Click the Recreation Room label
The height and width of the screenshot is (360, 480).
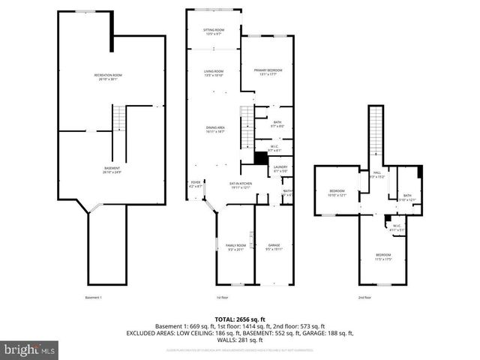coord(108,77)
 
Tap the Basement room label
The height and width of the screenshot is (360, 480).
coord(112,169)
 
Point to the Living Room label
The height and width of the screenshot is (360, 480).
coord(214,73)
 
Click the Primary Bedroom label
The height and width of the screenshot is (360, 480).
coord(266,72)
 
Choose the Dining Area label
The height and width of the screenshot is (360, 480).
coord(215,130)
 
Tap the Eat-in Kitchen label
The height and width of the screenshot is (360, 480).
coord(240,185)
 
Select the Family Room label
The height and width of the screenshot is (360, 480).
coord(236,247)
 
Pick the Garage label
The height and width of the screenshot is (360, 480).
coord(273,247)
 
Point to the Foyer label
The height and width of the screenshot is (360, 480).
coord(196,184)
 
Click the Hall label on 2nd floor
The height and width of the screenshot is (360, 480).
coord(377,175)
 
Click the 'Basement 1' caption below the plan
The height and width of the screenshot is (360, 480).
coord(93,298)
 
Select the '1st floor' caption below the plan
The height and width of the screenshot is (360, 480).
coord(223,298)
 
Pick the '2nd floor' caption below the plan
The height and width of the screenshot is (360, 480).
coord(364,298)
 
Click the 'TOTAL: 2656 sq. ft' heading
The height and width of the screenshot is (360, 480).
coord(240,318)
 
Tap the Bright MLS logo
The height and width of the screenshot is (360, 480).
coord(30,349)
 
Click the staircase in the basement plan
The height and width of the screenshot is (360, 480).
coord(119,118)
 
